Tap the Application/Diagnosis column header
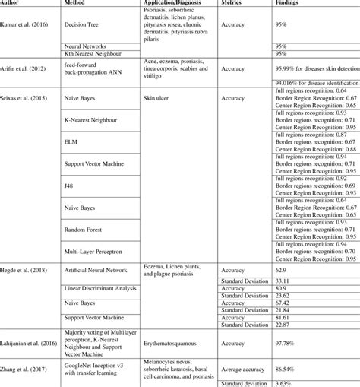coord(170,4)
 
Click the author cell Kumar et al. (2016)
coord(27,24)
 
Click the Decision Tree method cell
coord(85,24)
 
